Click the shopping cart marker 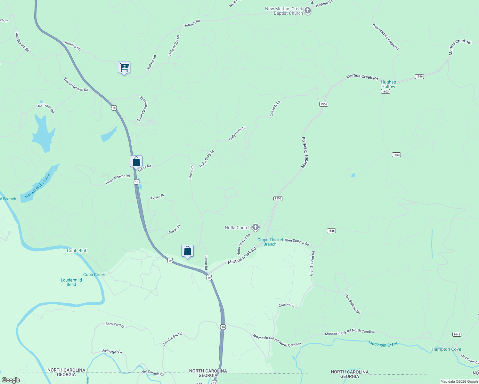124,68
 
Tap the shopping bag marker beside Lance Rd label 136,162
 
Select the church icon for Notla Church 255,228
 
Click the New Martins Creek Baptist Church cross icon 307,11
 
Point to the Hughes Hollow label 388,84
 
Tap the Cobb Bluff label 77,251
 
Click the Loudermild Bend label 71,282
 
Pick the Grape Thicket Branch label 270,242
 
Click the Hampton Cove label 446,349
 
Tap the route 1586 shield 331,231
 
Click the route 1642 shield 457,334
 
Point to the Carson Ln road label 286,305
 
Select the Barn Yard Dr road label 115,325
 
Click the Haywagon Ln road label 112,352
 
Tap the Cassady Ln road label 275,108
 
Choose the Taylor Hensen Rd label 76,85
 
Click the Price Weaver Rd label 118,179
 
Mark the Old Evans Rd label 45,108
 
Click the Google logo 11,380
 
